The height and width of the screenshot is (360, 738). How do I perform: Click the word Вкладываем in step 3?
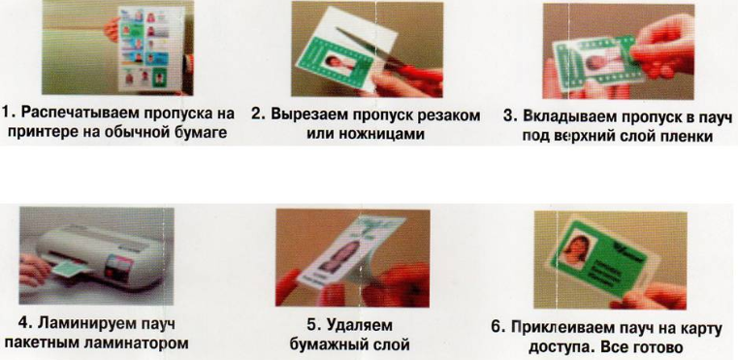tap(568, 116)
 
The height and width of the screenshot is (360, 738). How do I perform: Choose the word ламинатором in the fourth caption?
tap(135, 344)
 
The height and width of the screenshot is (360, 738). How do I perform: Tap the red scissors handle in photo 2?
tap(414, 76)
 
